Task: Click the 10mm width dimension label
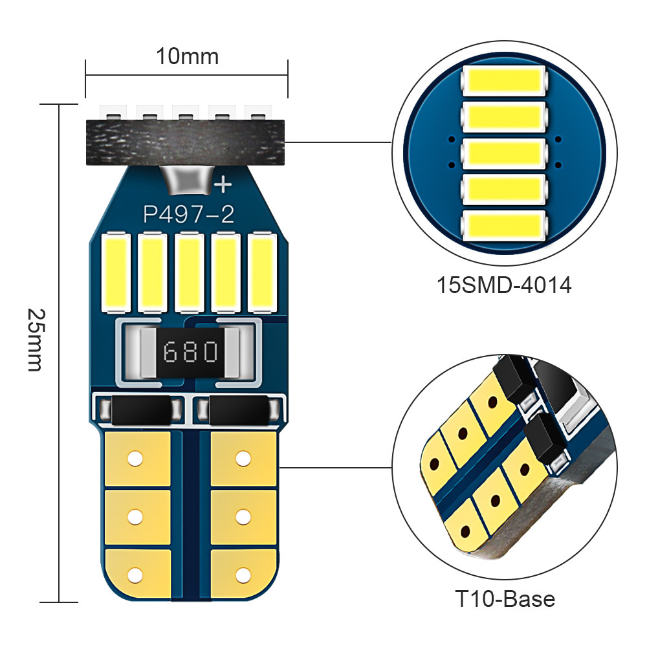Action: click(187, 57)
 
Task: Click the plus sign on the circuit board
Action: click(223, 185)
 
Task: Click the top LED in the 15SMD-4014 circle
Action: click(504, 81)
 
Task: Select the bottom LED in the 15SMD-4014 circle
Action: click(504, 223)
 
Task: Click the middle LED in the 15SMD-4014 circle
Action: click(504, 152)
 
